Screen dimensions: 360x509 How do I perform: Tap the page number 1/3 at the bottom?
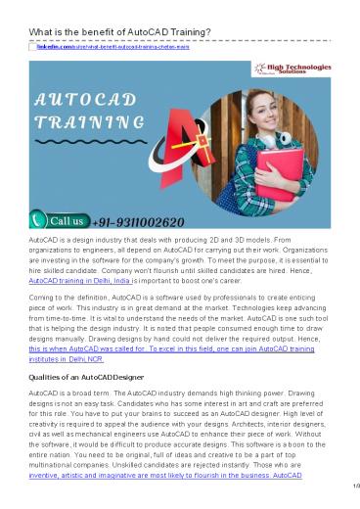coord(347,501)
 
